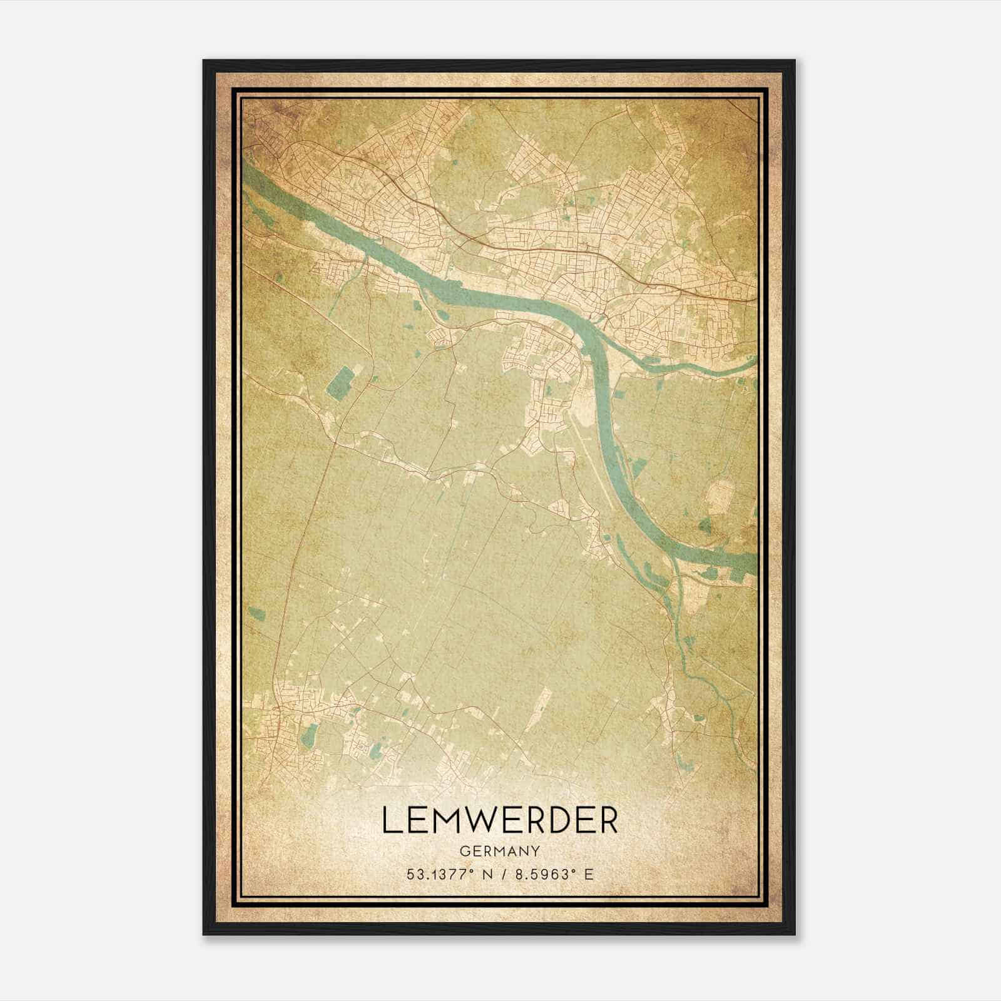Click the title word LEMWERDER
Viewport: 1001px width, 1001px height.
(x=500, y=820)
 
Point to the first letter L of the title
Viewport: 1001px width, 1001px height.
(x=390, y=820)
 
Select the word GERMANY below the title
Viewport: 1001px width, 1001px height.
(x=500, y=851)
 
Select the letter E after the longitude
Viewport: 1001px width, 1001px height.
(x=587, y=875)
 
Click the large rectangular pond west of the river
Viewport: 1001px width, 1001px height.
(x=340, y=384)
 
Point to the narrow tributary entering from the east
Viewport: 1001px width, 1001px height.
(x=701, y=370)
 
